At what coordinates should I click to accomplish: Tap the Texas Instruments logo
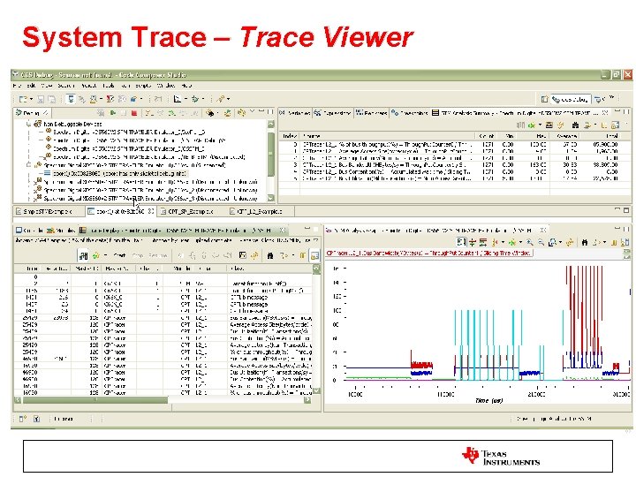[x=501, y=456]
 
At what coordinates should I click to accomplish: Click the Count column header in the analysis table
[x=487, y=135]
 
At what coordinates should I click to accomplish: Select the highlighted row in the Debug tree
[x=124, y=173]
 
